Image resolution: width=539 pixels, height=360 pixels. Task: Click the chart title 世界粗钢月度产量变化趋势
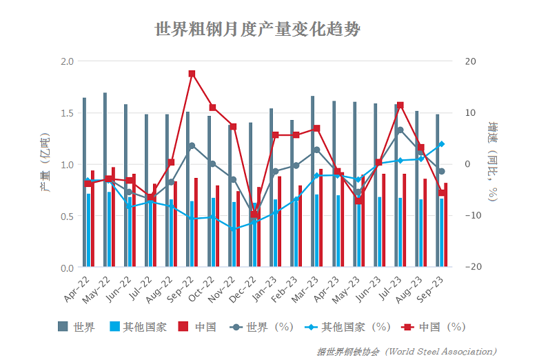point(258,30)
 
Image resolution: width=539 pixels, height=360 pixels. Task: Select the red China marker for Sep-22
point(192,74)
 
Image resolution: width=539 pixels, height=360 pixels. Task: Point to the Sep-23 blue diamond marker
point(441,144)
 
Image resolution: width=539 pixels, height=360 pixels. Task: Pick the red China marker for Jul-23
point(400,106)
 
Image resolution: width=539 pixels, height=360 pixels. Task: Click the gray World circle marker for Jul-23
point(400,130)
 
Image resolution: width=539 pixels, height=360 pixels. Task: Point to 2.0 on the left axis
point(67,61)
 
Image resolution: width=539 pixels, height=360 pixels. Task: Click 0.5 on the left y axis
point(67,216)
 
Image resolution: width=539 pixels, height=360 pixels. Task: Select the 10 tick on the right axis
point(470,112)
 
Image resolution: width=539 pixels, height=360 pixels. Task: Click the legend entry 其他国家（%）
point(349,327)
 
